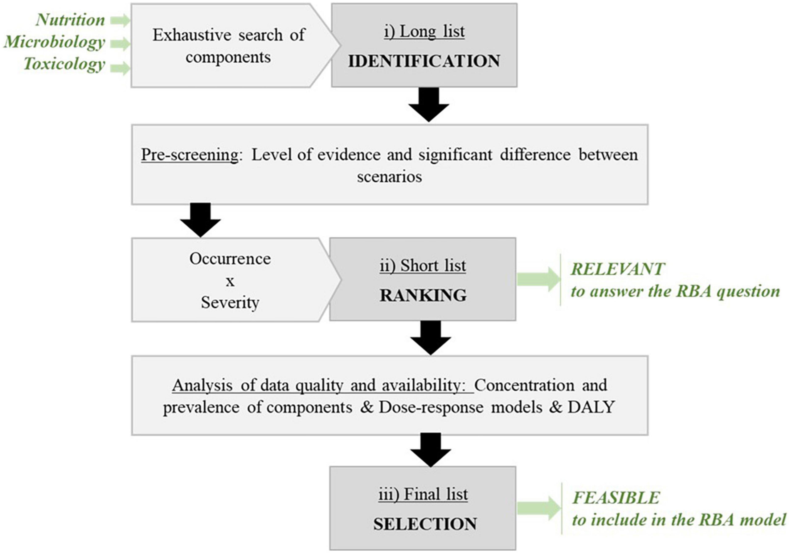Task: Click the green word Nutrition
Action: click(70, 20)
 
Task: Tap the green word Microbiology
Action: click(54, 42)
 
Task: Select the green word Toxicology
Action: click(64, 64)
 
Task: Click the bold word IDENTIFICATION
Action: click(424, 61)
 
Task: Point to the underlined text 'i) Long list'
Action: click(424, 32)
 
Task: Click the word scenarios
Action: click(389, 177)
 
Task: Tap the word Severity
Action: click(230, 303)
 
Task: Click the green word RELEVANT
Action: click(618, 269)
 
